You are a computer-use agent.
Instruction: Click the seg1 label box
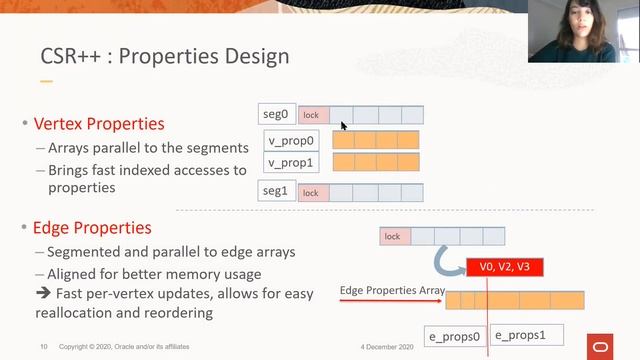pyautogui.click(x=277, y=191)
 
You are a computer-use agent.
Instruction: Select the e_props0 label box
pyautogui.click(x=455, y=337)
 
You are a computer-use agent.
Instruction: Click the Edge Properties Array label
pyautogui.click(x=392, y=291)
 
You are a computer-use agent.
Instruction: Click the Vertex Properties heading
pyautogui.click(x=99, y=125)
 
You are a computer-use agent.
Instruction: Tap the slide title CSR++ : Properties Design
pyautogui.click(x=164, y=56)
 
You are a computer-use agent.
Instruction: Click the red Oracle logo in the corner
pyautogui.click(x=604, y=346)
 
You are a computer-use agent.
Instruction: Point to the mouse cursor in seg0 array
pyautogui.click(x=343, y=125)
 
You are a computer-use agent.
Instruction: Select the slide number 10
pyautogui.click(x=44, y=346)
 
